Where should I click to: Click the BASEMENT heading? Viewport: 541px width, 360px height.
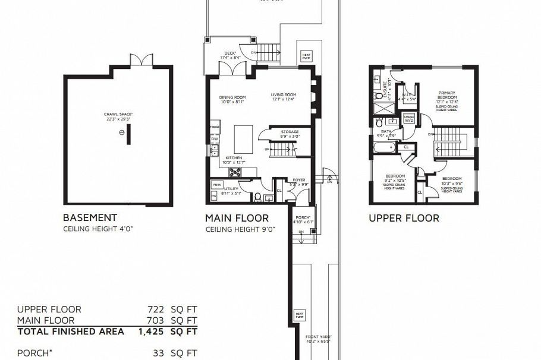click(x=90, y=218)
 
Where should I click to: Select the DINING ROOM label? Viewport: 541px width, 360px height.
click(x=232, y=99)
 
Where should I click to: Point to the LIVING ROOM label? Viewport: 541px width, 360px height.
click(x=284, y=96)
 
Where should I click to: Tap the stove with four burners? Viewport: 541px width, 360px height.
click(x=235, y=173)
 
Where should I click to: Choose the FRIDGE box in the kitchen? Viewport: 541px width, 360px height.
click(x=214, y=128)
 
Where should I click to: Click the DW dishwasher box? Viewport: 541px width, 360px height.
click(x=214, y=139)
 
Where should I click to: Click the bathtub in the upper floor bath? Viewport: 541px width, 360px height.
click(x=385, y=147)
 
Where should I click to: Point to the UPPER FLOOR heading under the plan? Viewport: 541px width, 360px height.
click(x=404, y=218)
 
